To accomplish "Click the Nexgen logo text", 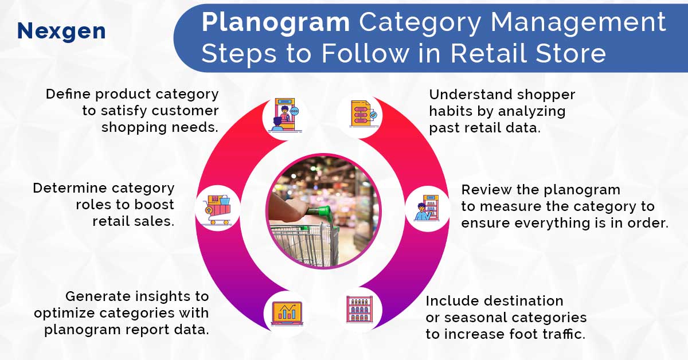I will click(x=61, y=31).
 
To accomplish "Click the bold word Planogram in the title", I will click(x=276, y=23).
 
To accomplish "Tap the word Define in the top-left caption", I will click(x=67, y=94).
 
